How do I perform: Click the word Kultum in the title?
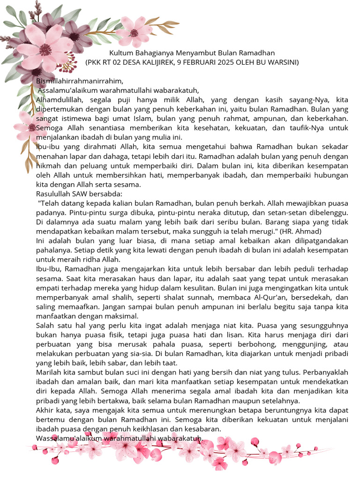pos(120,53)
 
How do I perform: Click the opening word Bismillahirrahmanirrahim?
pos(79,81)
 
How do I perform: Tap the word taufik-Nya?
pos(313,127)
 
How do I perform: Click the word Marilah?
pos(49,372)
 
